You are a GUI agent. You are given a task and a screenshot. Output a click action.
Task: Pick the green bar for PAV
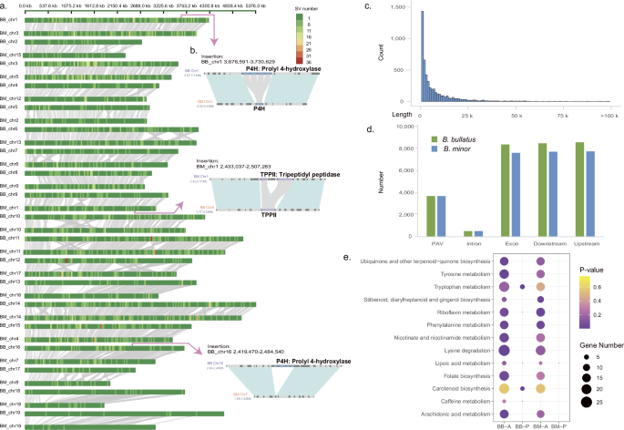(x=433, y=216)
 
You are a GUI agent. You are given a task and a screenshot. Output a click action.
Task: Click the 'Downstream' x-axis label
(x=548, y=243)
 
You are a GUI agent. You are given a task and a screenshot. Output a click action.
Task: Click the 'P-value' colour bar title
(x=591, y=271)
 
